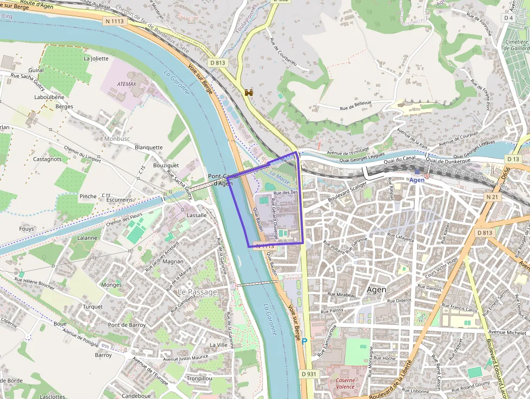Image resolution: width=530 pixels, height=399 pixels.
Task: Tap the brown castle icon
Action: tap(249, 93)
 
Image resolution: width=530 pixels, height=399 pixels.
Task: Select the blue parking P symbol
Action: tap(304, 341)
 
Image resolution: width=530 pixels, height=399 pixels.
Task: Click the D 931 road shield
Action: tap(308, 374)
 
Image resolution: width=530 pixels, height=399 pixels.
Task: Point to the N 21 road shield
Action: tap(492, 197)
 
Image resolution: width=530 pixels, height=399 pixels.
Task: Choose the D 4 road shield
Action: tap(508, 18)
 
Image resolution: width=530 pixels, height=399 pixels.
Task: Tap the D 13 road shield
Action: tap(513, 159)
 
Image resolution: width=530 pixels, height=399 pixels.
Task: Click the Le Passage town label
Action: tap(197, 292)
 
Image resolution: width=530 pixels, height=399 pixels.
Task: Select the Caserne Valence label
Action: tap(345, 383)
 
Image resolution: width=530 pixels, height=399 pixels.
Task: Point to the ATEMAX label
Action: tap(127, 84)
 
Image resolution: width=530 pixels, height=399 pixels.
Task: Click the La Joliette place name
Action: tap(96, 58)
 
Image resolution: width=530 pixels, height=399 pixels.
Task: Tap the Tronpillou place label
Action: tap(200, 378)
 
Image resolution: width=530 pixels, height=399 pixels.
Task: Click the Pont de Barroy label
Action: tap(127, 325)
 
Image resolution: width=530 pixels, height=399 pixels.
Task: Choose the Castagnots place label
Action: tap(48, 159)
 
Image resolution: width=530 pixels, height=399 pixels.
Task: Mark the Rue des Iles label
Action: tap(286, 193)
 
